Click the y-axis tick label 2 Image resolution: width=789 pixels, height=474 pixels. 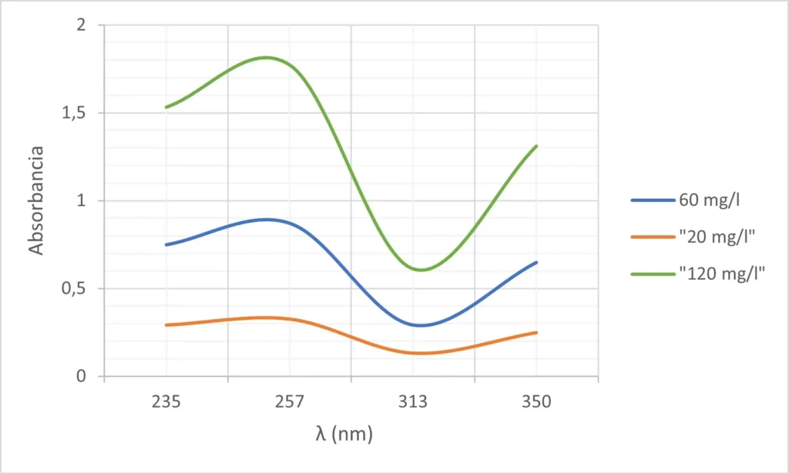[x=80, y=25]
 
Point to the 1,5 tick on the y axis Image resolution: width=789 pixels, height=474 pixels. [x=75, y=113]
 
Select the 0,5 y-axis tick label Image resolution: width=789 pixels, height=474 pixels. [x=75, y=289]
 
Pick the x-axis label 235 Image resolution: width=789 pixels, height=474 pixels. [x=166, y=402]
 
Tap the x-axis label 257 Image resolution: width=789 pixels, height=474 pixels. [x=290, y=402]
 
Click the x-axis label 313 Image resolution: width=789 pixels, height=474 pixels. [x=413, y=402]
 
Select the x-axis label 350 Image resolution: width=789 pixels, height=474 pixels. [x=536, y=402]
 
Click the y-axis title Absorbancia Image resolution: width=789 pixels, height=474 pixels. [x=35, y=200]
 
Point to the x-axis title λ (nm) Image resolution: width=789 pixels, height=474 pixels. [x=344, y=435]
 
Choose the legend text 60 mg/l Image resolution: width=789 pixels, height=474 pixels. [x=710, y=200]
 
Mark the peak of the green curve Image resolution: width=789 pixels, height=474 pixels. [x=267, y=57]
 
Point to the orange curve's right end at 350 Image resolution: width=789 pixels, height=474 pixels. [x=536, y=332]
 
